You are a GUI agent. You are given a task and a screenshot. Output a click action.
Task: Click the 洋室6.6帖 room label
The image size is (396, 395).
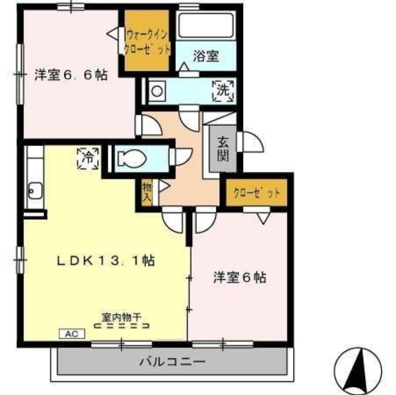point(71,75)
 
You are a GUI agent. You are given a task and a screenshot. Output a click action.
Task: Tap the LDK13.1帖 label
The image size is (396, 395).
point(105,260)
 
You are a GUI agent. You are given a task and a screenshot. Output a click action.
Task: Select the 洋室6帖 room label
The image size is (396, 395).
point(240,277)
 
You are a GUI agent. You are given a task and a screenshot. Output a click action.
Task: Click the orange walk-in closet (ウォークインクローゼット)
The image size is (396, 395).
point(147,40)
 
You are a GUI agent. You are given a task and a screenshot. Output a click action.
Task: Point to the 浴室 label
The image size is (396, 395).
point(206,56)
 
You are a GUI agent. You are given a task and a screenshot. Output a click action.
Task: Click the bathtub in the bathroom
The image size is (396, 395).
point(205,26)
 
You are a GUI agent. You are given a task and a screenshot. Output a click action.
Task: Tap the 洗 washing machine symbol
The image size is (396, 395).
point(223,91)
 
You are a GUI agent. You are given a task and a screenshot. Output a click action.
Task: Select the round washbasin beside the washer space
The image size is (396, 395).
point(157,91)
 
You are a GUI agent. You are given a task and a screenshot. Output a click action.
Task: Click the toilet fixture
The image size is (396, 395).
point(132,159)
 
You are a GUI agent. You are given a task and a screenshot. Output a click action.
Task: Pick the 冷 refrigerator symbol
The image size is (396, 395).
point(88,158)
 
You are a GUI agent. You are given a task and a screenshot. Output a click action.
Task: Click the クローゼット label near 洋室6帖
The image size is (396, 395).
point(257,193)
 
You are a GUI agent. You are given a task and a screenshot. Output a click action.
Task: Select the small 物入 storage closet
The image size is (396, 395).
point(147,192)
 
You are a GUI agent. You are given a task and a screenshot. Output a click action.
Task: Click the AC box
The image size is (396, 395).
point(72,334)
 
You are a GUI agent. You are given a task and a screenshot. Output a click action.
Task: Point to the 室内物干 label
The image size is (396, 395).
point(121,317)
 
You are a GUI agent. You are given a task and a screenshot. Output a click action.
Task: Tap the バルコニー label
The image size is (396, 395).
point(173,362)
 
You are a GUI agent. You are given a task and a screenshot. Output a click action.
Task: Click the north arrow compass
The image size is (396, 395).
point(358,371)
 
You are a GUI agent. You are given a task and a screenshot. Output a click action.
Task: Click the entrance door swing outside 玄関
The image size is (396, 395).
point(250,142)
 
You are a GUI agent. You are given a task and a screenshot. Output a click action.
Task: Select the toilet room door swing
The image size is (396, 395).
point(181,157)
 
